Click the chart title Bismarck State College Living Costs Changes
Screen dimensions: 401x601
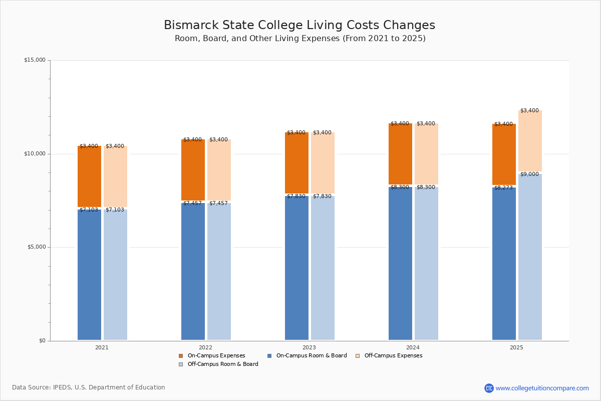[299, 25]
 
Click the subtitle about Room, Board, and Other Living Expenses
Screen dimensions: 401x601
[300, 39]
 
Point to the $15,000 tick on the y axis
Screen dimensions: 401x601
[35, 60]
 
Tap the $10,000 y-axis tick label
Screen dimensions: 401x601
[35, 154]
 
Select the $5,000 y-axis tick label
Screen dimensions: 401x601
[36, 247]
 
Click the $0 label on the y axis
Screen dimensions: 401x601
[42, 341]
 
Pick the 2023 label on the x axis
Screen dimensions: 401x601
[309, 347]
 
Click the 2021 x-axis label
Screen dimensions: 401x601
[102, 347]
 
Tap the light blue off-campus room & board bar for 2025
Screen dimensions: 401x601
[530, 256]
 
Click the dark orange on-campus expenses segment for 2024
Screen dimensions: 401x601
[400, 153]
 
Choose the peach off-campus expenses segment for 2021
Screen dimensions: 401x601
[115, 176]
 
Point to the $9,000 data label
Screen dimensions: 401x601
[529, 174]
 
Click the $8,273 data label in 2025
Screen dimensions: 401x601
[503, 188]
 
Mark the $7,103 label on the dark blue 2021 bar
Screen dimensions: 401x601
[89, 210]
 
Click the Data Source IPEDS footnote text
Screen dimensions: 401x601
[89, 387]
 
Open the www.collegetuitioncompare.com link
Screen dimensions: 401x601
[542, 388]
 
